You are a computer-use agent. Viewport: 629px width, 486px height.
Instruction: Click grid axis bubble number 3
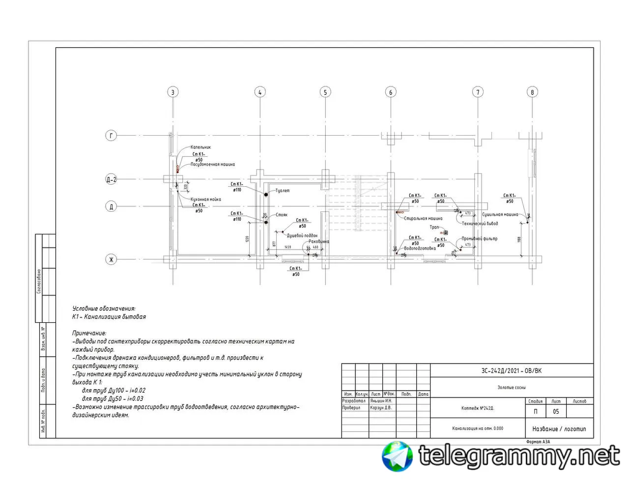[172, 92]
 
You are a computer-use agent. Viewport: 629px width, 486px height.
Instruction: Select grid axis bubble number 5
[325, 92]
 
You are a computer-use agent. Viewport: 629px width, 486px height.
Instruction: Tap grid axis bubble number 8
[532, 92]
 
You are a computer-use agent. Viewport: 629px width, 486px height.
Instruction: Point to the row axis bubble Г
[112, 136]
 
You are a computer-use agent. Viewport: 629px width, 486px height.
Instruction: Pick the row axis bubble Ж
[112, 259]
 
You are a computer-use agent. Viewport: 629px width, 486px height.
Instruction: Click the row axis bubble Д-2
[112, 179]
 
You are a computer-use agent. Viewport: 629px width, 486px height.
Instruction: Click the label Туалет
[283, 191]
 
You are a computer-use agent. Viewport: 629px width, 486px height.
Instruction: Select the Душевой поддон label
[302, 235]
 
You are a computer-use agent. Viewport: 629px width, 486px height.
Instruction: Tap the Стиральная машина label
[423, 219]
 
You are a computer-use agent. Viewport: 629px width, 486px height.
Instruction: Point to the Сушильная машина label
[500, 215]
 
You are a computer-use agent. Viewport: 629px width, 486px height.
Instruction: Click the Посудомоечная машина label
[213, 165]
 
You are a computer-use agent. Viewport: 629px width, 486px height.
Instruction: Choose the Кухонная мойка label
[206, 200]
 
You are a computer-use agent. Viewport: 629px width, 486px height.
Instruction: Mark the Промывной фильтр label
[480, 239]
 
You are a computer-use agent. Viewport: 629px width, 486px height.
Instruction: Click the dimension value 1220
[247, 239]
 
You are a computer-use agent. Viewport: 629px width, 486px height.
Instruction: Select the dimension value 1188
[519, 239]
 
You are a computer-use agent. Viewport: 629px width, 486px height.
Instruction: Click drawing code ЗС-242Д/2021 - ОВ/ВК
[511, 371]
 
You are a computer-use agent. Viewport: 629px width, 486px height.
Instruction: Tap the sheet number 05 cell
[556, 412]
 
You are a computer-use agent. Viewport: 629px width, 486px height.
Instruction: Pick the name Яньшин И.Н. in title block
[381, 401]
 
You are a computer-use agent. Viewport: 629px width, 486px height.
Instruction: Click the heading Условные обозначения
[104, 309]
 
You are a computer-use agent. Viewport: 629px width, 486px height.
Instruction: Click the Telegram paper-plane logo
[398, 456]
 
